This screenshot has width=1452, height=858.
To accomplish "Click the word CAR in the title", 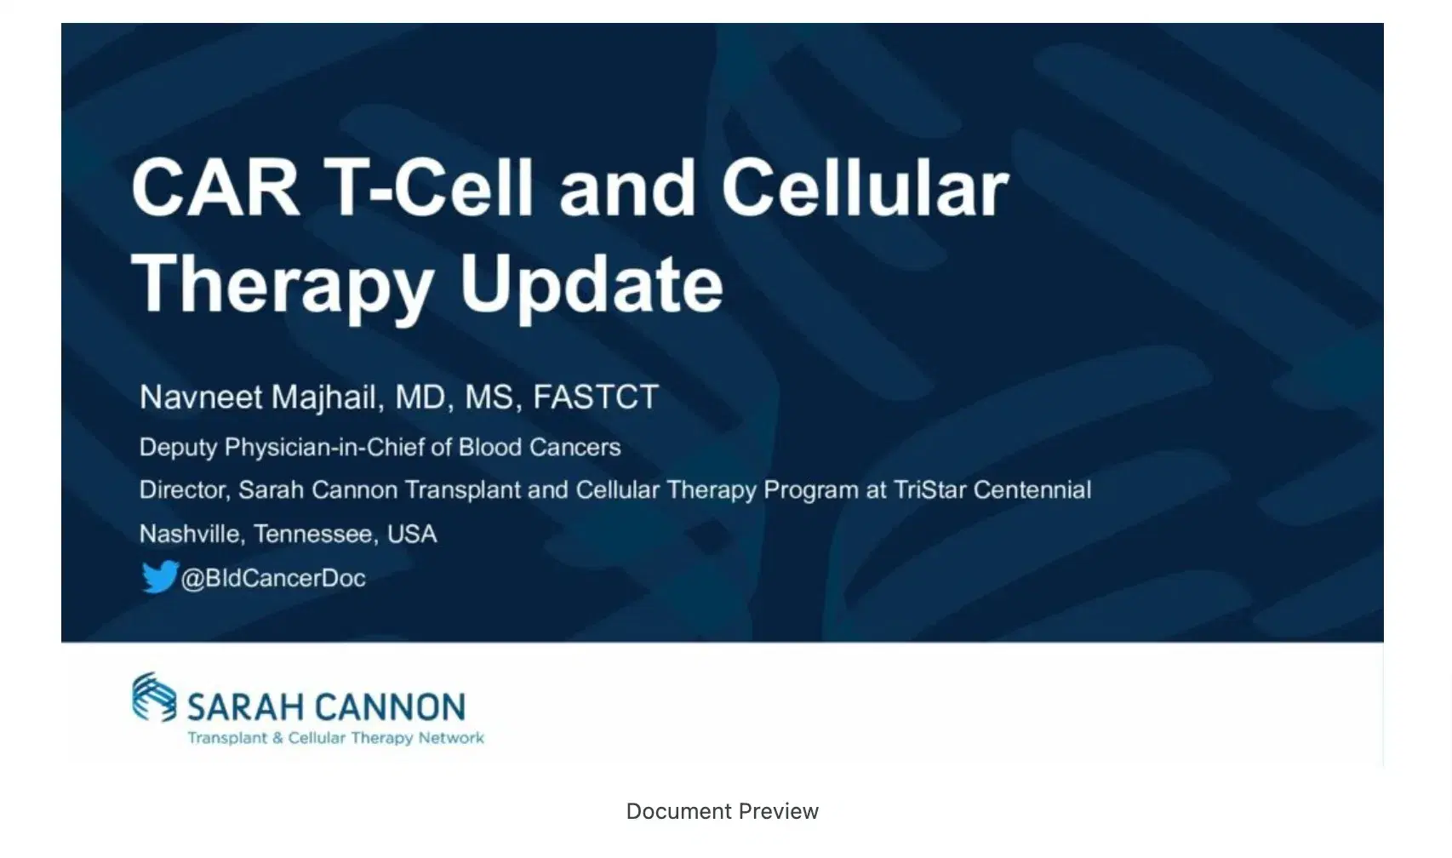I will coord(215,188).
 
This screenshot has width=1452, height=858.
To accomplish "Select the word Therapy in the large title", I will coord(281,285).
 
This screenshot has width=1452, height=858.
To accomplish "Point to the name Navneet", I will coord(200,398).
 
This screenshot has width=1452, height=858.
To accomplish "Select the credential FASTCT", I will coord(595,398).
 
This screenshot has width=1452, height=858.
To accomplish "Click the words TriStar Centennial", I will coord(992,490).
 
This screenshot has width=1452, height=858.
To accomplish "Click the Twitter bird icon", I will coord(159,577).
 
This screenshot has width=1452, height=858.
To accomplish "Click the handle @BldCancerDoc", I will coord(273,579).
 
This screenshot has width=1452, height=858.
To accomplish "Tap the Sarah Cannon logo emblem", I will coord(154,696).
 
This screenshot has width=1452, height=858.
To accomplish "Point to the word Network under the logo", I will coord(450,738).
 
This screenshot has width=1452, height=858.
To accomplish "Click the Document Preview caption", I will coord(722,811).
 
